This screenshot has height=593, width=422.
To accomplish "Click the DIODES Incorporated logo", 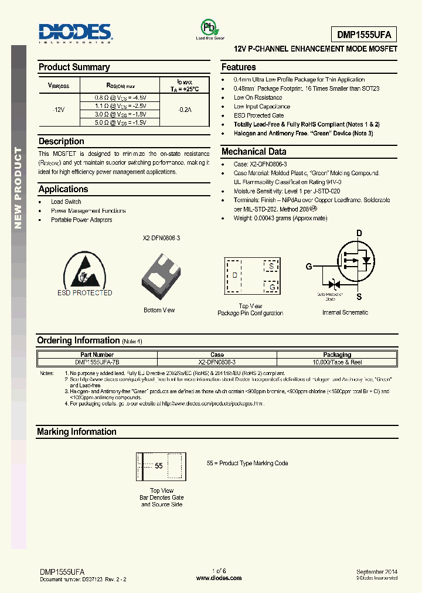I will [75, 33].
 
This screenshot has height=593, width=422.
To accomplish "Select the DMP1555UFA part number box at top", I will [364, 34].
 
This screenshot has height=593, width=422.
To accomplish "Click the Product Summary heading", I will [74, 67].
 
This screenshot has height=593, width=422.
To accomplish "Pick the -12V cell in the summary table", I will [58, 110].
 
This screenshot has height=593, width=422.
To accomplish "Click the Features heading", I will [239, 67].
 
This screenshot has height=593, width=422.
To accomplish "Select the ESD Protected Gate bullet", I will [258, 115].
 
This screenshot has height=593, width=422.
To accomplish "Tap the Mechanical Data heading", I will [254, 152].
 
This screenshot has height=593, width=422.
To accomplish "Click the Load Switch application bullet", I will [66, 202].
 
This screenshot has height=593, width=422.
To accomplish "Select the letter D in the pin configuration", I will [234, 275].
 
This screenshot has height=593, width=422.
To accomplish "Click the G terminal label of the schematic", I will [308, 267].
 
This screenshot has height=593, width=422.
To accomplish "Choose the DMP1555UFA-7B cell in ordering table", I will [97, 362].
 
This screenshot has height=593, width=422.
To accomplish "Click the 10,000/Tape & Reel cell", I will [337, 362].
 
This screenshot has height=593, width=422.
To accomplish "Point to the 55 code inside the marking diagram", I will [159, 466].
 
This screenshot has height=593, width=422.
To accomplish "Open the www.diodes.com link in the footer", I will [218, 578].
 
